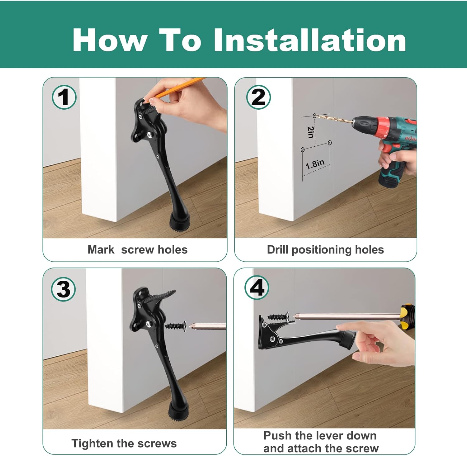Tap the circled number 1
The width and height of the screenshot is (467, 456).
point(64,97)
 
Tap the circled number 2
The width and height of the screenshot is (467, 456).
point(258,97)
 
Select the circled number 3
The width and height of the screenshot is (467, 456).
point(63,289)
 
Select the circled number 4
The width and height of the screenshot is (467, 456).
point(257,287)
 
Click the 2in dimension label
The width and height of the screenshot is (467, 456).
point(310,132)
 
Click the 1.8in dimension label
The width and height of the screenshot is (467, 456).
point(315,164)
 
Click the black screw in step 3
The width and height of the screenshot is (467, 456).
point(175,326)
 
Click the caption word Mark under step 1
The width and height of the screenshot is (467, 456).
point(101,250)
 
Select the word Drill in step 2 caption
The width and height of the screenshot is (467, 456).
point(278,250)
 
